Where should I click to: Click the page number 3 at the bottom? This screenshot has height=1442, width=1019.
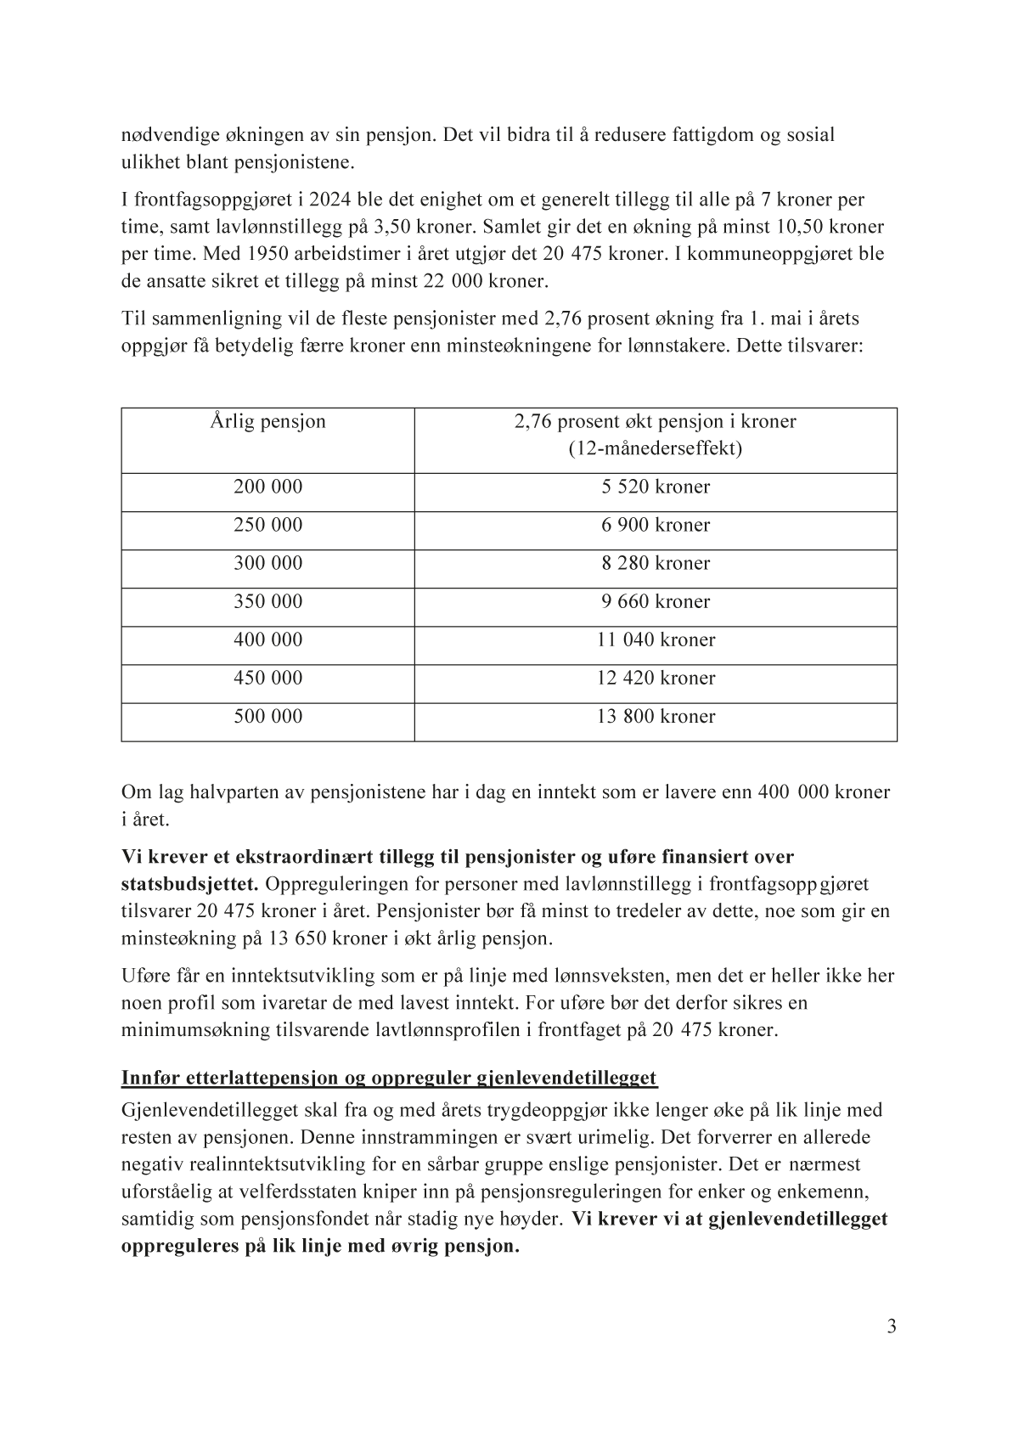(891, 1327)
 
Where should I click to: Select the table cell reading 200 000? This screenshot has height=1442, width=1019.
(267, 487)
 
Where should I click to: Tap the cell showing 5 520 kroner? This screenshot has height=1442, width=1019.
(656, 487)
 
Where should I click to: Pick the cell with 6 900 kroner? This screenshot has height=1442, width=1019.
(656, 526)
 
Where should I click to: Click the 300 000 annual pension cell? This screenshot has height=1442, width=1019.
(267, 564)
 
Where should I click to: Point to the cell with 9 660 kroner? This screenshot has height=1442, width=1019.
(656, 602)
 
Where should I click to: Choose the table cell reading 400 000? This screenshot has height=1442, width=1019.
(267, 640)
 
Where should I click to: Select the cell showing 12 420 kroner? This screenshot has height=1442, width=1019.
(656, 679)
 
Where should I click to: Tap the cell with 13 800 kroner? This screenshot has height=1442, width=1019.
(656, 717)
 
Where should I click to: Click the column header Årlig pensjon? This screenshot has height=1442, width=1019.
(267, 422)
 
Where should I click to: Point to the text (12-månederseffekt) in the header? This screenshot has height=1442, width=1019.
(656, 448)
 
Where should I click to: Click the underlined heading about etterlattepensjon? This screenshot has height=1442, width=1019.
(389, 1079)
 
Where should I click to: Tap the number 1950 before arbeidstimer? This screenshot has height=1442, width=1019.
(273, 254)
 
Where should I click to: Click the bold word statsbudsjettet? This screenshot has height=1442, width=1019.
(190, 884)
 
